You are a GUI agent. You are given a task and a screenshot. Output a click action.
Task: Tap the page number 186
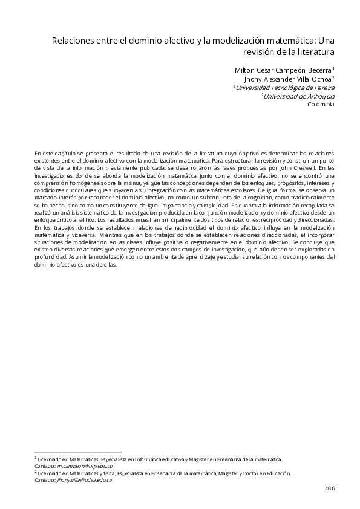330,487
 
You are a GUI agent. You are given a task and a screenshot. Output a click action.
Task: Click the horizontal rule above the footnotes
78,452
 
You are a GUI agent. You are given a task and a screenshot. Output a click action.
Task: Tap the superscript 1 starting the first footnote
36,458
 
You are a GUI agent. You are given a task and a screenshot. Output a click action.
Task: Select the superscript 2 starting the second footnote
36,472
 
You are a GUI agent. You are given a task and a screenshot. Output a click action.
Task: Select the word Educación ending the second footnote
278,473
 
